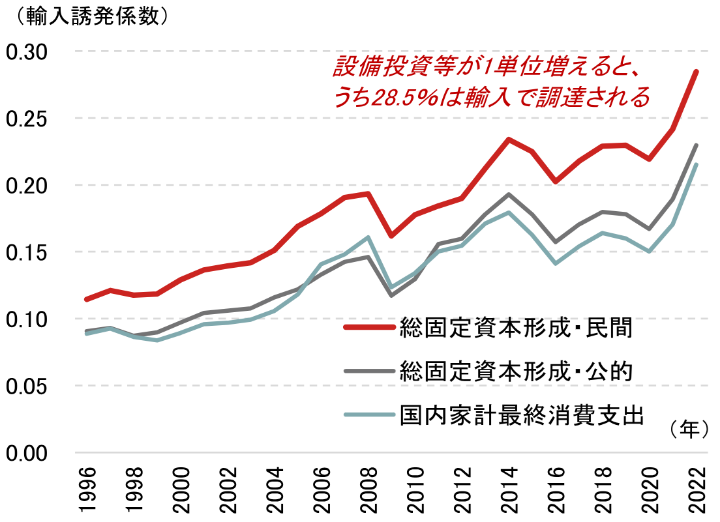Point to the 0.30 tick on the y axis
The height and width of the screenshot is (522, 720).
[27, 51]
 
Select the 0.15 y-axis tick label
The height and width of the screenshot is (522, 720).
[27, 252]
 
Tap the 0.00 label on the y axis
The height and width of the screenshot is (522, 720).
[27, 453]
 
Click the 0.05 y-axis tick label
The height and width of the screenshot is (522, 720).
[27, 386]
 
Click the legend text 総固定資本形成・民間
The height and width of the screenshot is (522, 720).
[516, 328]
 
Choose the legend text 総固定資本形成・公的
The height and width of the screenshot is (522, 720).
[516, 371]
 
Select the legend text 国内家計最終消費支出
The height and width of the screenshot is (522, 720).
[522, 414]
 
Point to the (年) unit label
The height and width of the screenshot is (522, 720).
[688, 428]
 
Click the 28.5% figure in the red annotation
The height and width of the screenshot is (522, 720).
[394, 98]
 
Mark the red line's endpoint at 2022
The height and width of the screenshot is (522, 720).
[697, 71]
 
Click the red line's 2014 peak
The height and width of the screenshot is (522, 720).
[509, 139]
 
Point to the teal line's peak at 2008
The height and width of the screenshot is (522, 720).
[368, 237]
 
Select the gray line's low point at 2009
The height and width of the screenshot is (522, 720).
[391, 295]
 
